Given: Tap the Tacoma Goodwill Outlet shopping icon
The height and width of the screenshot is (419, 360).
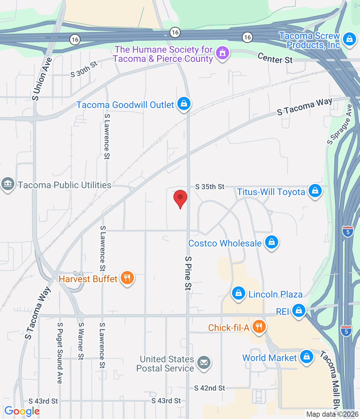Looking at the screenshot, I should click(184, 104).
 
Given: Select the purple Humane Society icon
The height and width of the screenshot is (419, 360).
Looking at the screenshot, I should click(223, 53).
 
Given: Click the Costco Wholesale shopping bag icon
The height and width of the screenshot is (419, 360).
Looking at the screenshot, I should click(271, 243).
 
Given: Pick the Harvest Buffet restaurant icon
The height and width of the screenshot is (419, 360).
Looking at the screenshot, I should click(127, 278).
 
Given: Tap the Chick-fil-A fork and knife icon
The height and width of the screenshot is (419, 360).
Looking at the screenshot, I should click(259, 327).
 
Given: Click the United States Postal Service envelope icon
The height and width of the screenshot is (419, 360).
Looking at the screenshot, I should click(204, 363).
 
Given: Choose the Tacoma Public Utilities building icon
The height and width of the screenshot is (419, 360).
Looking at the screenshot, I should click(8, 184).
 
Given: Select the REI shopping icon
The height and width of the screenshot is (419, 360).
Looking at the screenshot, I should click(298, 310).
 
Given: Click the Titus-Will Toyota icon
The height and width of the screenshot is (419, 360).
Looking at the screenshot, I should click(315, 191).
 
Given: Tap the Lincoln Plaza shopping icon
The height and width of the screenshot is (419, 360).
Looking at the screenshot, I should click(239, 293).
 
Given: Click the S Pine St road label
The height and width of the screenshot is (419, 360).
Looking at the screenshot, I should click(188, 273).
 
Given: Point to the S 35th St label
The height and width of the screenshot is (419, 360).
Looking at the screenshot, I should click(210, 187).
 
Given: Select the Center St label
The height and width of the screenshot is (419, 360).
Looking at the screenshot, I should click(275, 58).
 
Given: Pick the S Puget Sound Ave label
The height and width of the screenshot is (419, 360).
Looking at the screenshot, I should click(60, 353).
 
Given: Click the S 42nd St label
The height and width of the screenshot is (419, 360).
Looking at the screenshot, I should click(209, 388).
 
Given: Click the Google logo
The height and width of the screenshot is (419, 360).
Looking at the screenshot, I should click(22, 411).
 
